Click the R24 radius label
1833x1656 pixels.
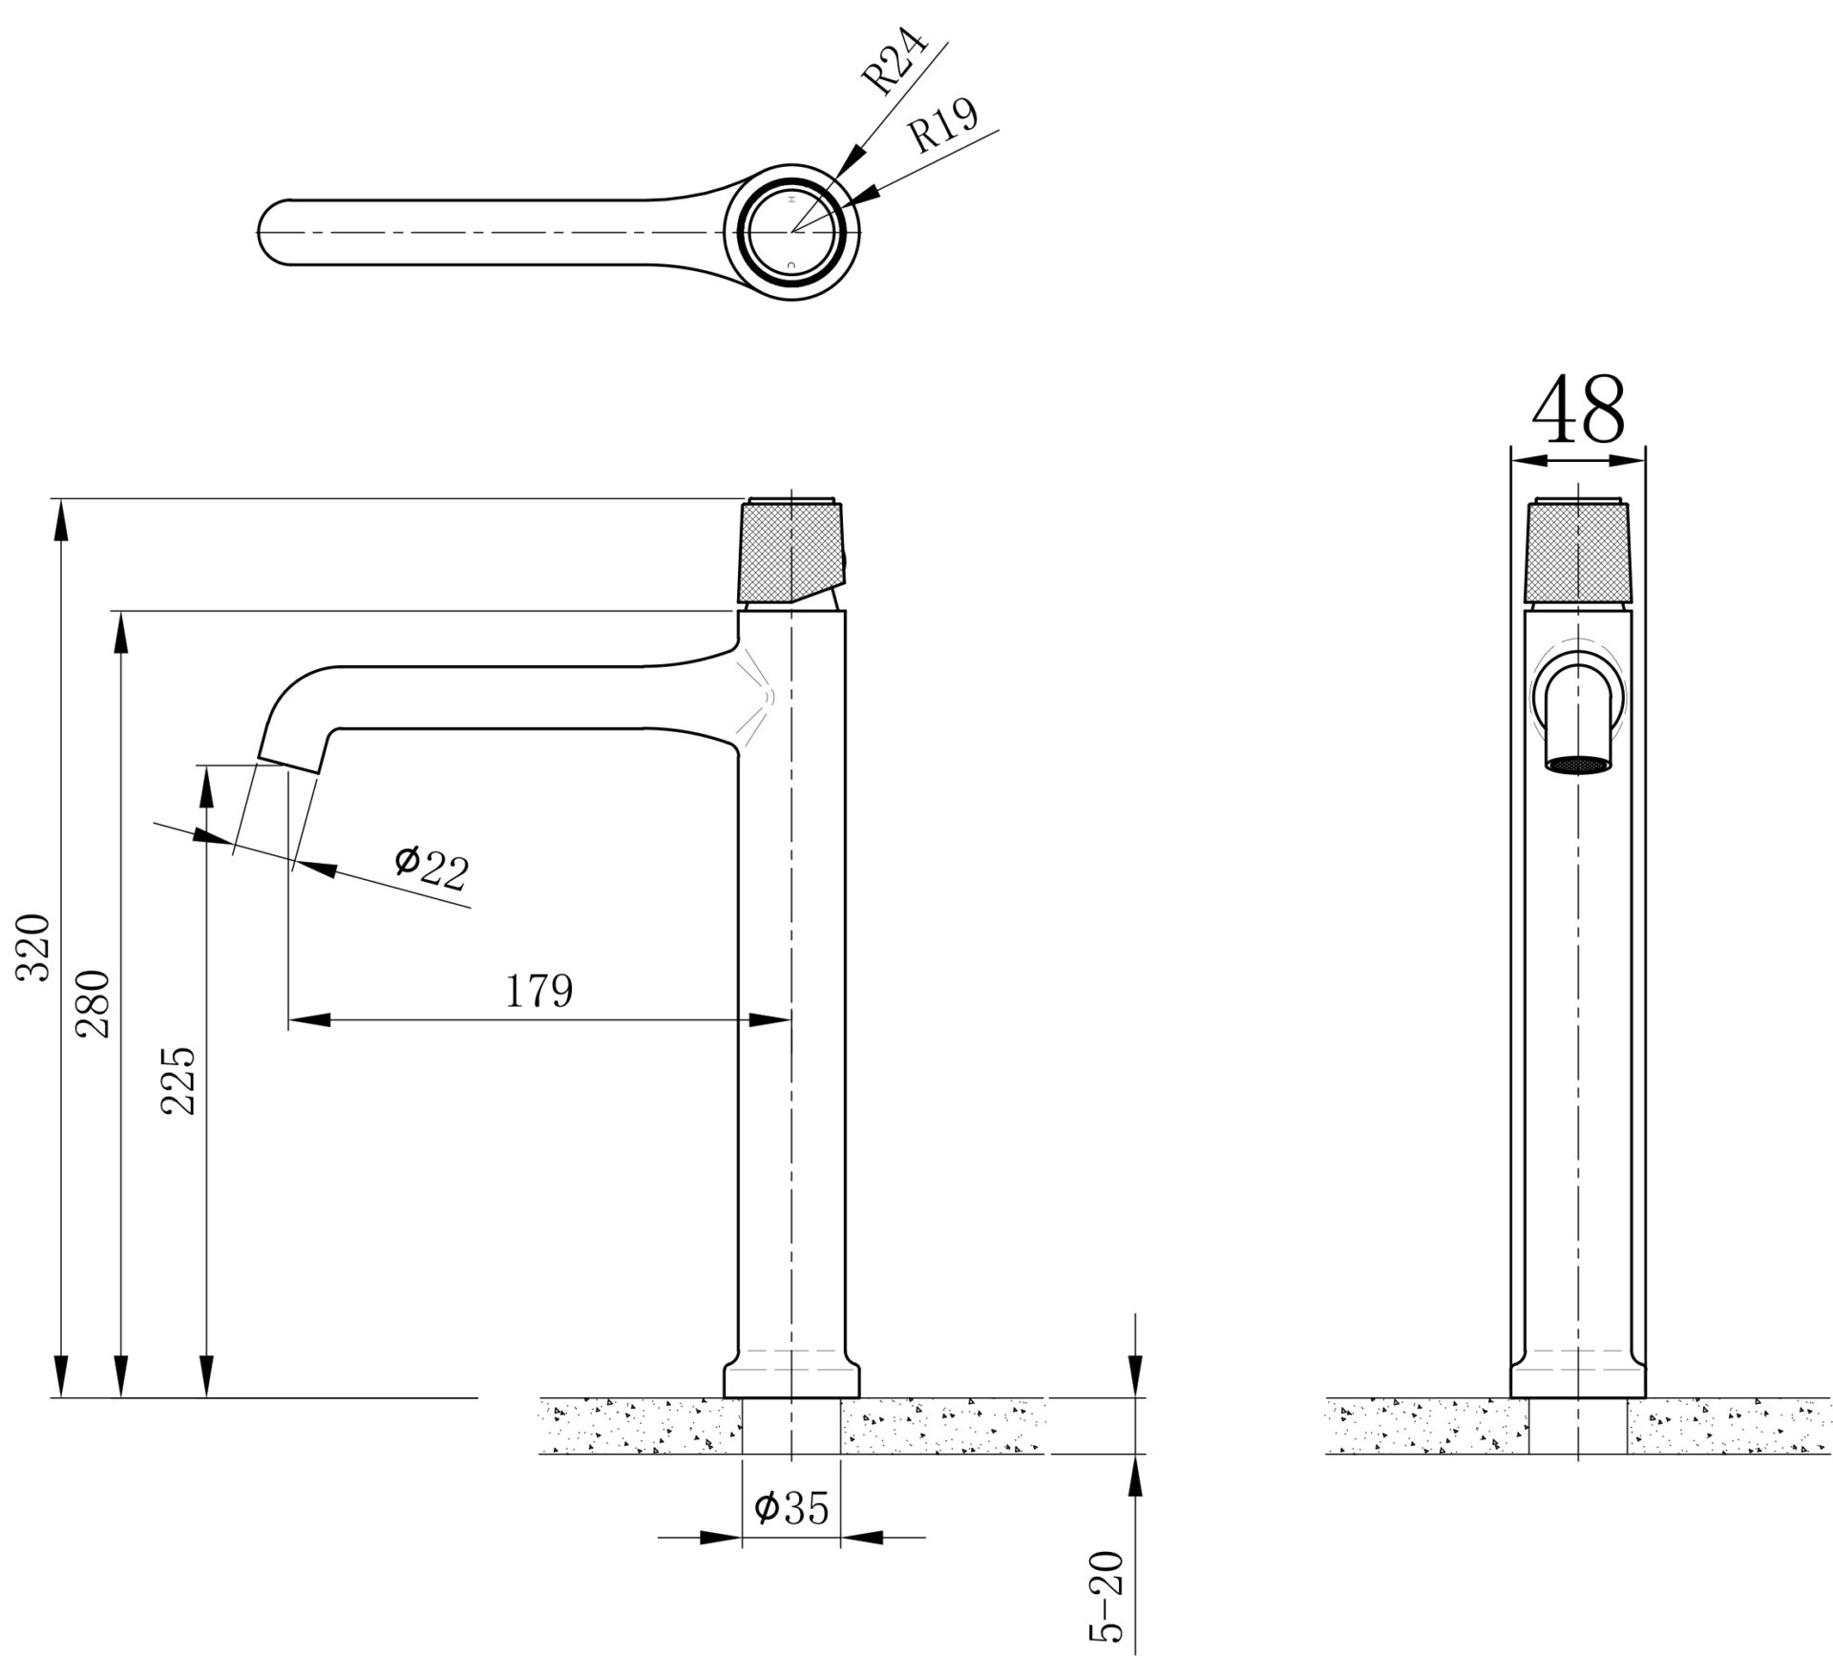[x=895, y=62]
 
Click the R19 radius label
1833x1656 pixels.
[x=942, y=126]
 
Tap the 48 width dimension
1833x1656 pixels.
[x=1577, y=411]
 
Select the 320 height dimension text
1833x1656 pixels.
[x=36, y=947]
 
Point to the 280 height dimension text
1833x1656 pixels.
[x=95, y=1004]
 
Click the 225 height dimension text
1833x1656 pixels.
[x=179, y=1081]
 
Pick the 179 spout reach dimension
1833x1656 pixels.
[x=538, y=992]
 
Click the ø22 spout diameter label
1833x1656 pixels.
[x=432, y=866]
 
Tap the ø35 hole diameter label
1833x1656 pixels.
[x=791, y=1507]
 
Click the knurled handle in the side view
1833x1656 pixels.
[x=791, y=551]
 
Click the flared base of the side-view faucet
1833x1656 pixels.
[x=791, y=1377]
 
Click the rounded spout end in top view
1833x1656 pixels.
[x=272, y=232]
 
